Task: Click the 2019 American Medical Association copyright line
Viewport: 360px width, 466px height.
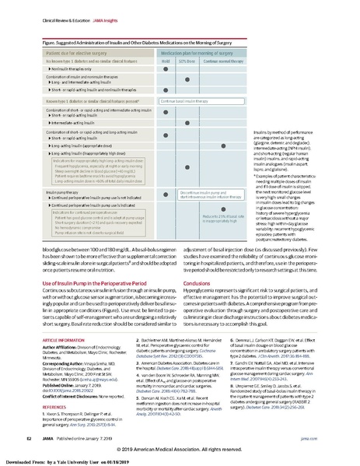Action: point(187,450)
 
